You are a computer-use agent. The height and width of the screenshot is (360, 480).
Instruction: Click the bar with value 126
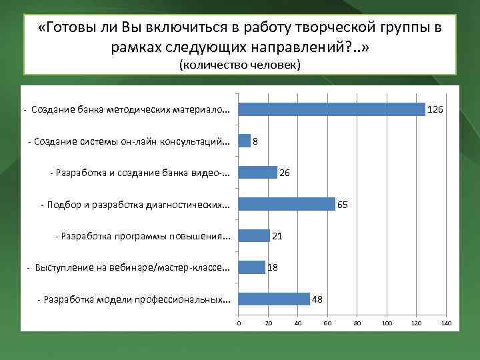point(332,109)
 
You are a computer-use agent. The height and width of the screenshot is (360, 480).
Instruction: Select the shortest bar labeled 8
point(245,141)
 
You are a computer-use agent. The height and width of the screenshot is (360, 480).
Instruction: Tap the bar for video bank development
point(258,173)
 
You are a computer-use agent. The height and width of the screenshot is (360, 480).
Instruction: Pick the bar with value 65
point(287,204)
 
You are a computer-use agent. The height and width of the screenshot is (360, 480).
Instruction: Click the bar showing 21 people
point(254,235)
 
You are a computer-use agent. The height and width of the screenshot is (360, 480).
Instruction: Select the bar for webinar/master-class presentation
point(252,267)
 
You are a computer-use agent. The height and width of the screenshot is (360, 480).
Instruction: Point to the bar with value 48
point(274,299)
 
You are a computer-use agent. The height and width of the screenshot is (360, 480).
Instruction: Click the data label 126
point(435,109)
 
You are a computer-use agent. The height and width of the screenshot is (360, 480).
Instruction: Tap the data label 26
point(285,173)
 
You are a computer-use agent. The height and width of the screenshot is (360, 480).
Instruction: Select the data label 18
point(273,267)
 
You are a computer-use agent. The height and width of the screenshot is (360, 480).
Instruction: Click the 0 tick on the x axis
point(239,323)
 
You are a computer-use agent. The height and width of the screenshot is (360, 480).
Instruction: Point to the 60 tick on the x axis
point(327,323)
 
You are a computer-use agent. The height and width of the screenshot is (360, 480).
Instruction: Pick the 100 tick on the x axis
point(387,323)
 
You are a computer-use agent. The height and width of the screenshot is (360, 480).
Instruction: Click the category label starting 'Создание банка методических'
point(131,109)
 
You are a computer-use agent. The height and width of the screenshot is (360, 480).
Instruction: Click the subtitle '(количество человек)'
point(240,65)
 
